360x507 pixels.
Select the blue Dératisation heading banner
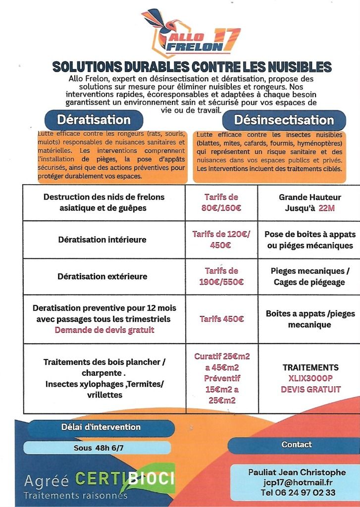pos(94,120)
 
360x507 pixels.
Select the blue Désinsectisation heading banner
pos(284,120)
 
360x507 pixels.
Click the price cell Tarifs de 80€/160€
pos(221,203)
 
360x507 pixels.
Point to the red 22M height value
pos(327,208)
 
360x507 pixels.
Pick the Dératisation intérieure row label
pos(103,240)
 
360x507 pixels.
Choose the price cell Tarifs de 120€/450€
pos(221,239)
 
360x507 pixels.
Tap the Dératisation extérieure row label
pos(103,276)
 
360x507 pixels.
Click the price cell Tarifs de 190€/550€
pos(221,276)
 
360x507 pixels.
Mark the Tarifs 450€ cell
pos(221,319)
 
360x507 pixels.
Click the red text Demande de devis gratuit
pos(104,330)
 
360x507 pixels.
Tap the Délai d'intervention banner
pos(101,427)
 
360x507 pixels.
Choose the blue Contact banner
pos(297,445)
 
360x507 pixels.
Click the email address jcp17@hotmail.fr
pos(298,482)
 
